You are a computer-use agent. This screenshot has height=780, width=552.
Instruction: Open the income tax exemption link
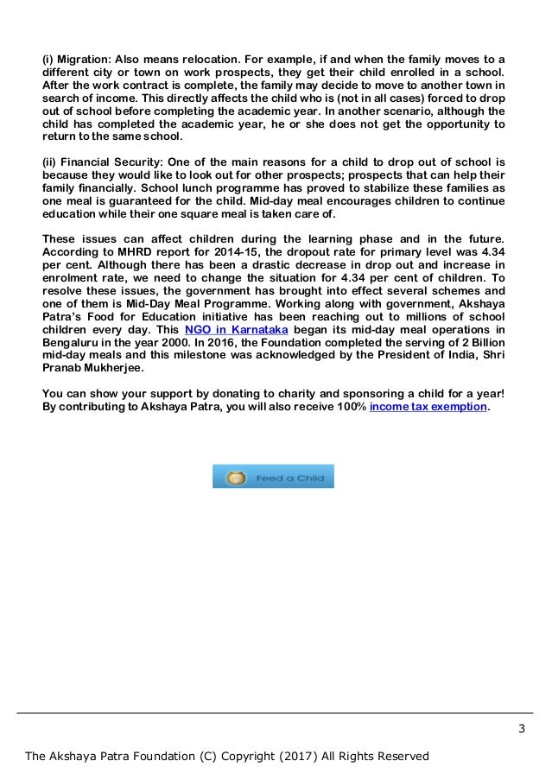pyautogui.click(x=428, y=406)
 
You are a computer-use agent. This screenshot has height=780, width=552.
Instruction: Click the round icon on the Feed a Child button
pyautogui.click(x=232, y=477)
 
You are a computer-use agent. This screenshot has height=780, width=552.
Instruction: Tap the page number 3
pyautogui.click(x=522, y=728)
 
